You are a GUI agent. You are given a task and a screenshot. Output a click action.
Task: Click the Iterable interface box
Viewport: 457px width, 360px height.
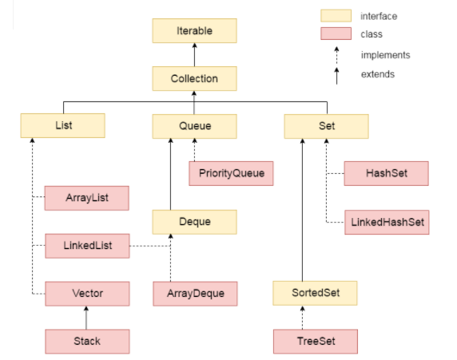pyautogui.click(x=194, y=31)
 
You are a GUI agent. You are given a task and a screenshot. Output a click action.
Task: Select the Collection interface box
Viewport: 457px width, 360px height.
pyautogui.click(x=194, y=78)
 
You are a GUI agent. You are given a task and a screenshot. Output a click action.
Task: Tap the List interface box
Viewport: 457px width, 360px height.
pyautogui.click(x=63, y=125)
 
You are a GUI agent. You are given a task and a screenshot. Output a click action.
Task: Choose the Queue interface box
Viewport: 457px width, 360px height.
pyautogui.click(x=194, y=125)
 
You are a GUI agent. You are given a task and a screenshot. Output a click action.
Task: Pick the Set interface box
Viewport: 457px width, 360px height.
pyautogui.click(x=326, y=125)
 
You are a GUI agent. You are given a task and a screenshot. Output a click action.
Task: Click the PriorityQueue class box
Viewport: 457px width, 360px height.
pyautogui.click(x=232, y=172)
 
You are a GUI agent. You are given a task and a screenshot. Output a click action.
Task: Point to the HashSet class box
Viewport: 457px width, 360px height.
pyautogui.click(x=387, y=172)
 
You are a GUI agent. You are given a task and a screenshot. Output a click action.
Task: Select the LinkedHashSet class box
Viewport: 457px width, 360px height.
pyautogui.click(x=387, y=221)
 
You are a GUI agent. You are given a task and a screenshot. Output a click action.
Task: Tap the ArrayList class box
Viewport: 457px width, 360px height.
pyautogui.click(x=87, y=196)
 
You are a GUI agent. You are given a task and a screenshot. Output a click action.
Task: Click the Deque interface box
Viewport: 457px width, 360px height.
pyautogui.click(x=194, y=221)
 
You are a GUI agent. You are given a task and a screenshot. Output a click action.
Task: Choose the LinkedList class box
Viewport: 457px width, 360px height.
pyautogui.click(x=87, y=245)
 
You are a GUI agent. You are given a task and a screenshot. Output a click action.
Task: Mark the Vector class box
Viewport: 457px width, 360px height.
pyautogui.click(x=87, y=293)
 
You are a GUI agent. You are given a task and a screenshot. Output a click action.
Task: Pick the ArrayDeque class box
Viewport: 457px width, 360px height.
pyautogui.click(x=196, y=293)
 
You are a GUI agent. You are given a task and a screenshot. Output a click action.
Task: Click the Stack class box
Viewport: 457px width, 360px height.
pyautogui.click(x=87, y=341)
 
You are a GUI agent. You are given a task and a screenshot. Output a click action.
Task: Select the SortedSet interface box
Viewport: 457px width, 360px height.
pyautogui.click(x=315, y=293)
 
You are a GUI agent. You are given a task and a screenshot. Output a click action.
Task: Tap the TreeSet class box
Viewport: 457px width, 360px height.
pyautogui.click(x=315, y=341)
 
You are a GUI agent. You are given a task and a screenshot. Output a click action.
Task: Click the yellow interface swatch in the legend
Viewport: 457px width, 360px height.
pyautogui.click(x=335, y=16)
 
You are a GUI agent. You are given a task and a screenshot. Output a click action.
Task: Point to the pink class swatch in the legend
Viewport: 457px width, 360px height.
pyautogui.click(x=335, y=34)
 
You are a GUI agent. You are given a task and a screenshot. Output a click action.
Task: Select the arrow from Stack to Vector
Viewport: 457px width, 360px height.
pyautogui.click(x=87, y=317)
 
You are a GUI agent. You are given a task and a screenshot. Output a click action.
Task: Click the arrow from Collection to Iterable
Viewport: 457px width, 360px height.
pyautogui.click(x=194, y=55)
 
